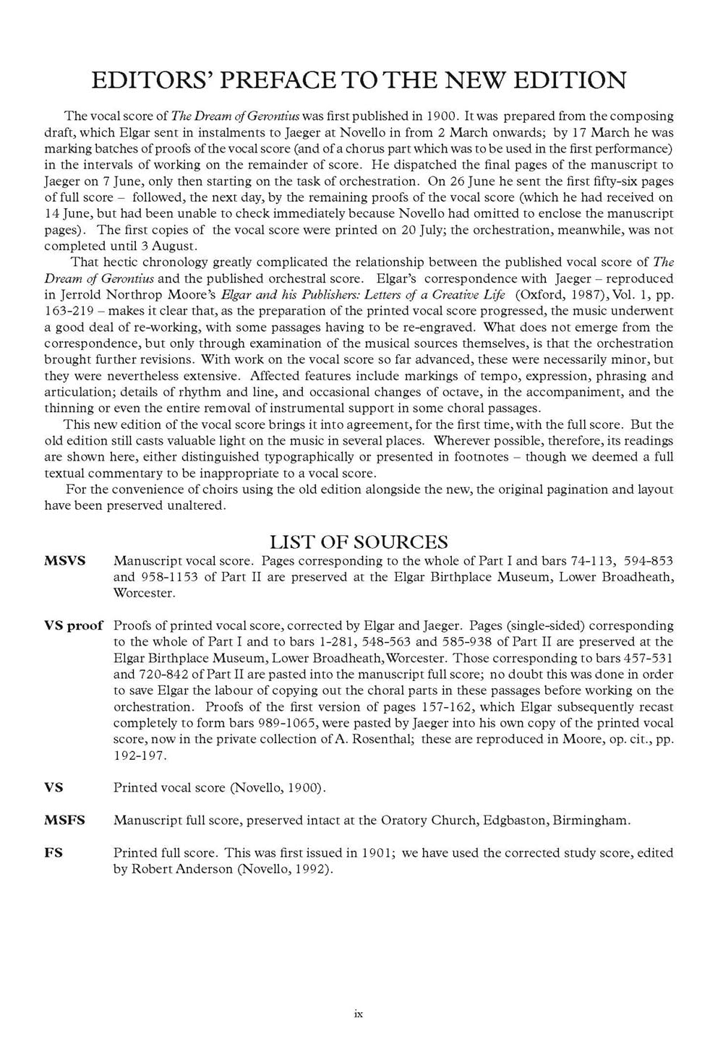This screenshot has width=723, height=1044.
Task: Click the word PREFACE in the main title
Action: tap(278, 80)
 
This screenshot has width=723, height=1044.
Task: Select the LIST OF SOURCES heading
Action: tap(359, 542)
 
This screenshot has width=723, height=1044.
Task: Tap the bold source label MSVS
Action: tap(65, 560)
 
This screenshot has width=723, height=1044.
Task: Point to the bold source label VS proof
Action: tap(74, 625)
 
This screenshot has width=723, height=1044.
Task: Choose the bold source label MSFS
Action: tap(64, 820)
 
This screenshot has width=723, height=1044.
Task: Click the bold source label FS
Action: tap(54, 852)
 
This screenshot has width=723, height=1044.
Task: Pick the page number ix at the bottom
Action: tap(359, 1014)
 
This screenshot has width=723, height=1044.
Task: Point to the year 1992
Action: tap(311, 868)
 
